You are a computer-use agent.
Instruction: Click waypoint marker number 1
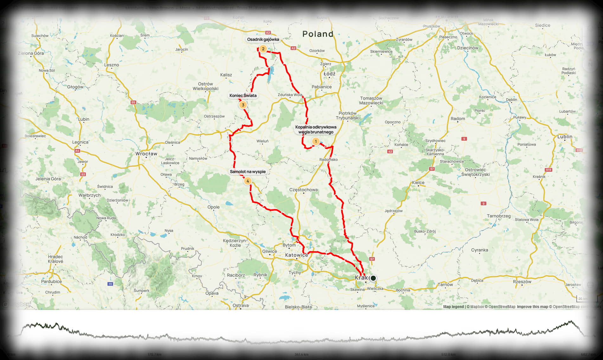[x=316, y=141]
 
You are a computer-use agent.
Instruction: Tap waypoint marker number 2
[x=263, y=49]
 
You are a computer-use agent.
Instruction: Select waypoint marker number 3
[x=243, y=105]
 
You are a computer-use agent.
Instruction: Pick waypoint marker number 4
[x=247, y=181]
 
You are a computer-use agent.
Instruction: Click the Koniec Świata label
[x=243, y=95]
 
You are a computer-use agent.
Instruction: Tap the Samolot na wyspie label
[x=248, y=172]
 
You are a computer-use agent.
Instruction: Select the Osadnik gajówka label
[x=263, y=40]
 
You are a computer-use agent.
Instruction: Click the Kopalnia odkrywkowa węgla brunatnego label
[x=316, y=130]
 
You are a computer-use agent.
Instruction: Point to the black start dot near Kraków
[x=373, y=278]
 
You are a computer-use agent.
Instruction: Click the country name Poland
[x=318, y=34]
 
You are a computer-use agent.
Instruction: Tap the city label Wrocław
[x=146, y=154]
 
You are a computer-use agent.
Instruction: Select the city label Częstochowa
[x=303, y=190]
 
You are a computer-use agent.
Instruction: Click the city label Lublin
[x=565, y=137]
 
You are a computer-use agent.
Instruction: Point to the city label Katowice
[x=296, y=255]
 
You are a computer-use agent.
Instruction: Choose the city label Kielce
[x=418, y=183]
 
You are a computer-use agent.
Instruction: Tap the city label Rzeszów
[x=522, y=281]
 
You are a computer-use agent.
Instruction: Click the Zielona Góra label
[x=31, y=53]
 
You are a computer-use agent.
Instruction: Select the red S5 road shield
[x=133, y=102]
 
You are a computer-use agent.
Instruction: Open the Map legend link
[x=453, y=307]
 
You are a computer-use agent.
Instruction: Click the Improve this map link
[x=532, y=307]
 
